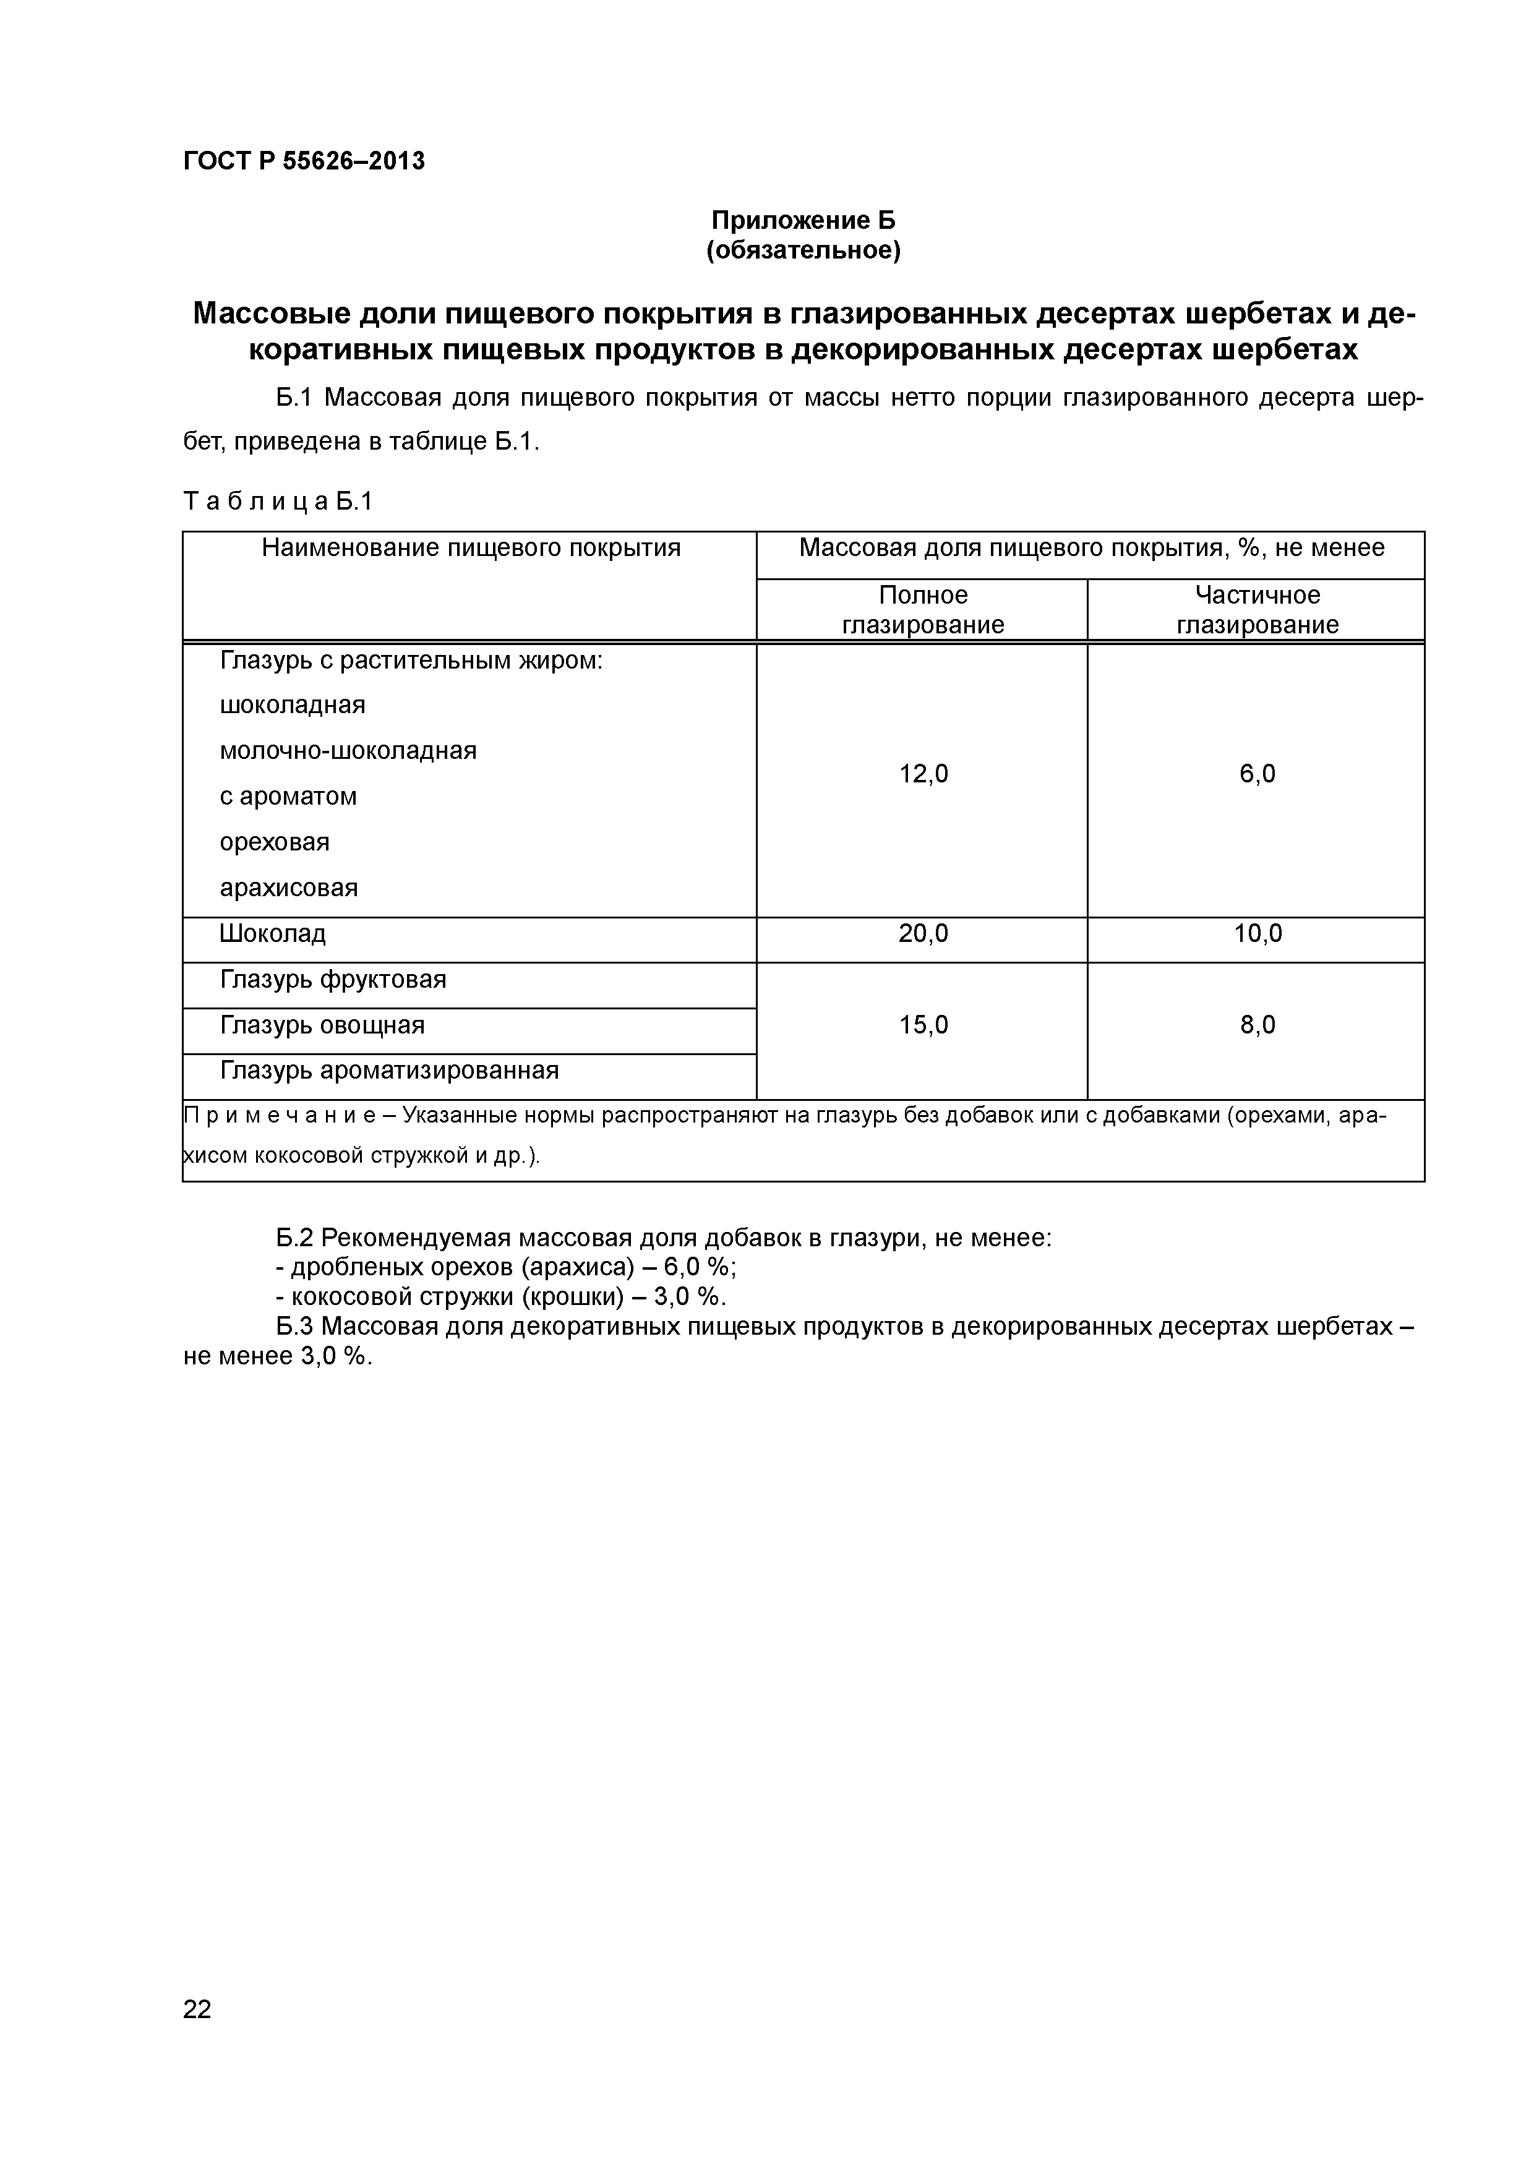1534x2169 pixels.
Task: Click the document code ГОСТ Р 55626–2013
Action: point(303,161)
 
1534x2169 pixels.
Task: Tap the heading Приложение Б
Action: point(803,220)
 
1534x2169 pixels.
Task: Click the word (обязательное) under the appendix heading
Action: point(803,250)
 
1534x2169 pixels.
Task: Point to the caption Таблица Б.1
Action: point(278,502)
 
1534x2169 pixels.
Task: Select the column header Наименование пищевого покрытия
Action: point(470,548)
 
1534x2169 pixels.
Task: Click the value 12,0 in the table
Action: point(923,774)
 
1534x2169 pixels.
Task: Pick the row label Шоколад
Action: point(272,935)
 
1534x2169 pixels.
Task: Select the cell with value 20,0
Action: point(923,935)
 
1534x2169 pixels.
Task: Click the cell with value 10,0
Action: point(1258,935)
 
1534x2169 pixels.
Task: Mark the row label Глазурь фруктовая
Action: point(333,980)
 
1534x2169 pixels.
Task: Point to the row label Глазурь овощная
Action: point(322,1025)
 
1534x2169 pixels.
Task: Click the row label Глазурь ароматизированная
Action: point(389,1071)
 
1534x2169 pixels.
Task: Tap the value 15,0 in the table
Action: point(923,1025)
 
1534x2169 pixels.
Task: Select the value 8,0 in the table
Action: point(1258,1025)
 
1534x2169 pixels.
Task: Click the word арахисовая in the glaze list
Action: point(288,888)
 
